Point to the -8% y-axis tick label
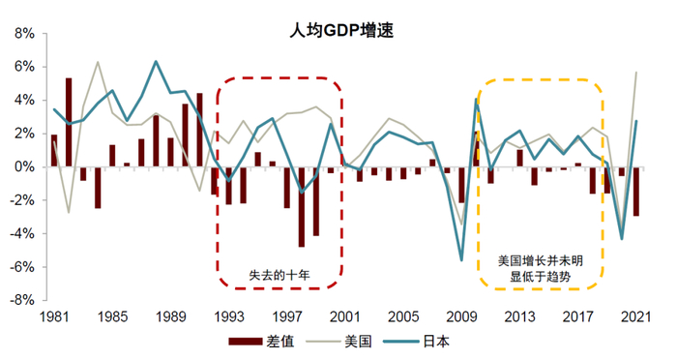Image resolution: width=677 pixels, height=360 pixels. pyautogui.click(x=22, y=300)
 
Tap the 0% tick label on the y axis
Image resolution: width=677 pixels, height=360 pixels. pyautogui.click(x=24, y=167)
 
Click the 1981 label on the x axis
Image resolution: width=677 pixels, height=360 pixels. pyautogui.click(x=54, y=316)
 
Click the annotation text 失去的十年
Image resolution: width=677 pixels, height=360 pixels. pyautogui.click(x=280, y=274)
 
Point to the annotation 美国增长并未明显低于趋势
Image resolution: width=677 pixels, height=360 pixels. pyautogui.click(x=541, y=268)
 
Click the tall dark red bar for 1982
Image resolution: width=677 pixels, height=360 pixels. pyautogui.click(x=69, y=122)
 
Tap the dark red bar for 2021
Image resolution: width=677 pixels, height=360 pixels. pyautogui.click(x=634, y=191)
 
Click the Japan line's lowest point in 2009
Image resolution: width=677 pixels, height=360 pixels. pyautogui.click(x=461, y=259)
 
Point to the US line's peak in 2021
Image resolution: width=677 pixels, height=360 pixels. pyautogui.click(x=635, y=73)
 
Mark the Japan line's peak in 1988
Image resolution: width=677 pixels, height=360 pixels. pyautogui.click(x=156, y=62)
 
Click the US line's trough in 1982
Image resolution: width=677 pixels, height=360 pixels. pyautogui.click(x=69, y=212)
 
